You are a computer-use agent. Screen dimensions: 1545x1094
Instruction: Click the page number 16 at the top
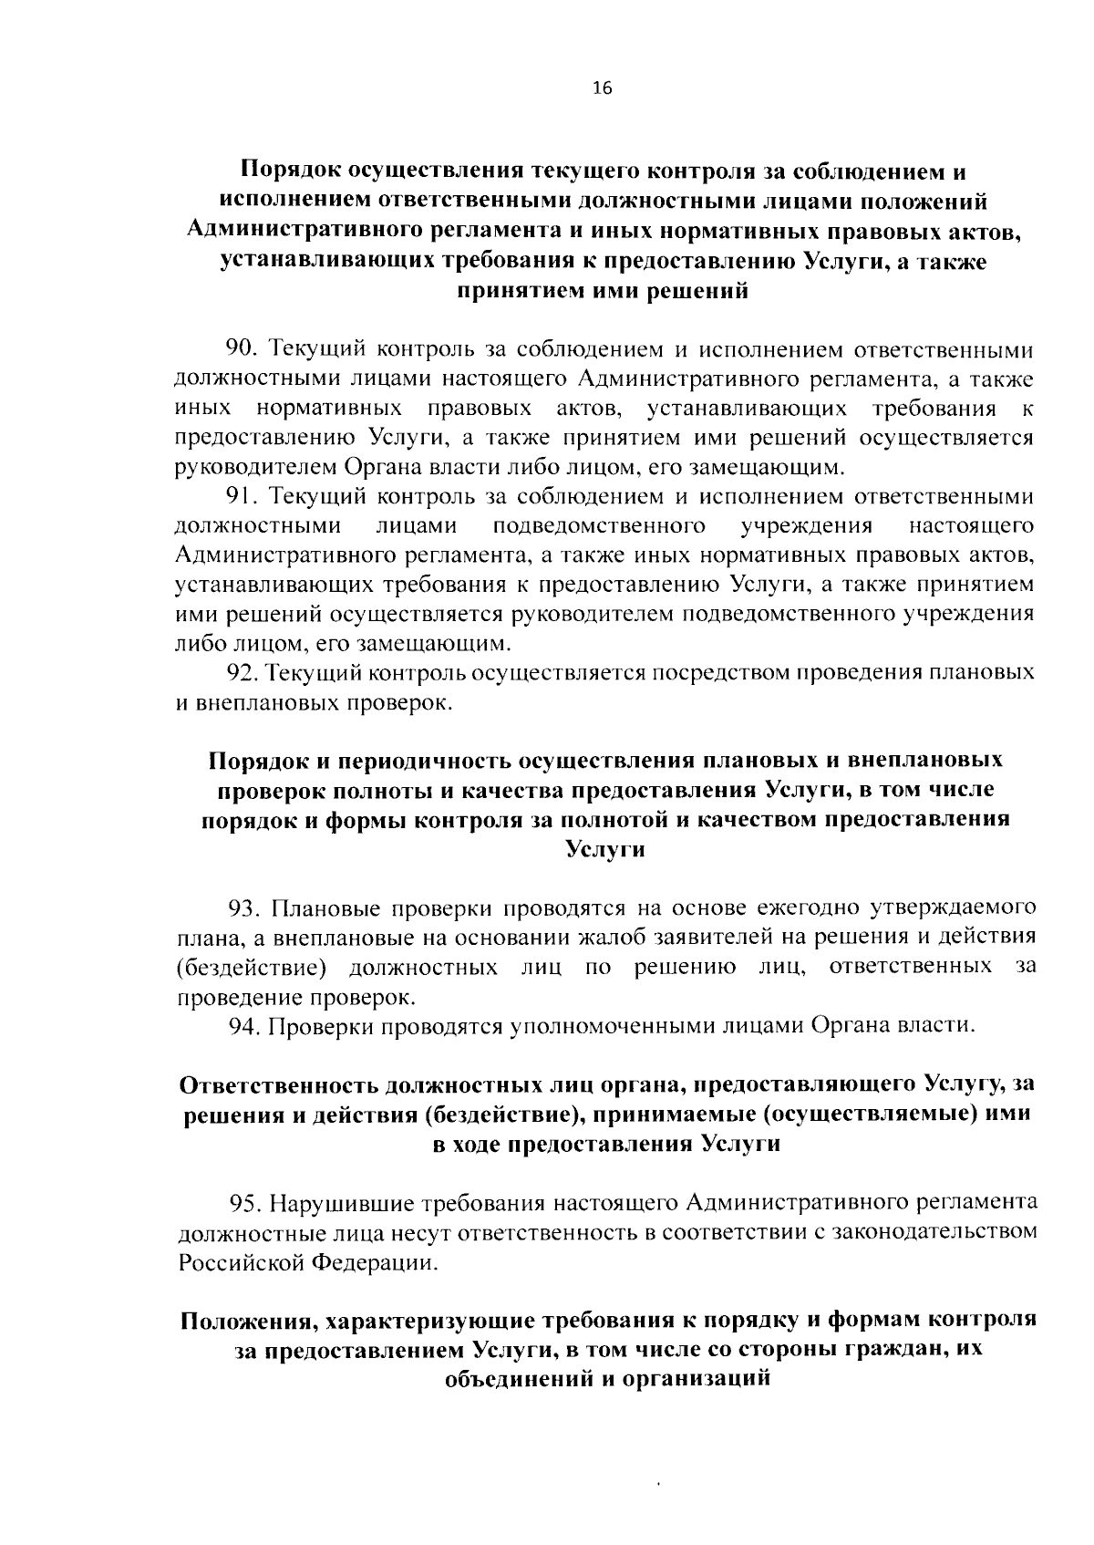(604, 88)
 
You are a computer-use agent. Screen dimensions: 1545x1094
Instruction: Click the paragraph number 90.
(243, 348)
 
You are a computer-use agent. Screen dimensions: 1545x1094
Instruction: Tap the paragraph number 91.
(243, 496)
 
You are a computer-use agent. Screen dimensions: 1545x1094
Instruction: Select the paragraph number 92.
(243, 673)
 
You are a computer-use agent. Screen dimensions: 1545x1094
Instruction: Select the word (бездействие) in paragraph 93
(253, 968)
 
